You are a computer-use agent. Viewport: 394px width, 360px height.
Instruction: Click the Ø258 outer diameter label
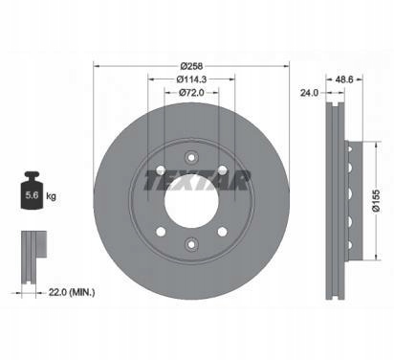(191, 66)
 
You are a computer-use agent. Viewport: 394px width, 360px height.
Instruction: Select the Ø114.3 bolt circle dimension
(191, 79)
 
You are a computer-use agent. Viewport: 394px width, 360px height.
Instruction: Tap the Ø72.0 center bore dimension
(191, 93)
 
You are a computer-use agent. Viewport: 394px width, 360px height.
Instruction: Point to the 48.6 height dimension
(344, 79)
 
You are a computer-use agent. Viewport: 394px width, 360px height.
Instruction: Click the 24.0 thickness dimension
(309, 93)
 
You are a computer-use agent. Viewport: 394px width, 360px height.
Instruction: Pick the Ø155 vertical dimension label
(376, 201)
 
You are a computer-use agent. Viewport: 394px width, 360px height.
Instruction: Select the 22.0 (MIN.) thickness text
(72, 292)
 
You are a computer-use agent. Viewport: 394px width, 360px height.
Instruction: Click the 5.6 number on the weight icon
(32, 195)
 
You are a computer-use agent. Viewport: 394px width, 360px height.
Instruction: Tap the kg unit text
(51, 195)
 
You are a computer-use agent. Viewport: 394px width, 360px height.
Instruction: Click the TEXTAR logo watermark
(197, 180)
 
